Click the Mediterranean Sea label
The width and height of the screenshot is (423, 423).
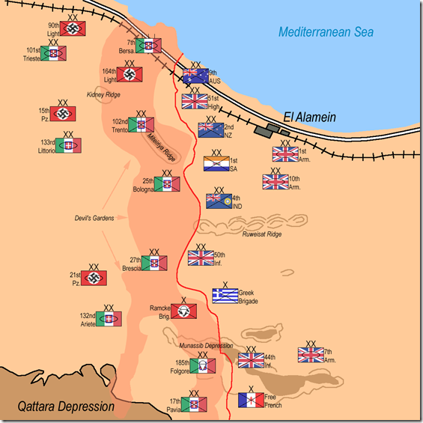(x=326, y=32)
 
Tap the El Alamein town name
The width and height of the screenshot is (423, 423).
(x=310, y=117)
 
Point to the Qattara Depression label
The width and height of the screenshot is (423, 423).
(x=66, y=407)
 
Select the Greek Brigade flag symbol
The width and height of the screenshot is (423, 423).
(x=225, y=296)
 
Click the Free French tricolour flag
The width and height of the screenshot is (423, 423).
(x=251, y=400)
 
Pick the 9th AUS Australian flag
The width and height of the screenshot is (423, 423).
(x=195, y=76)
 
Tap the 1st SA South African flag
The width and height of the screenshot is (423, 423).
(x=216, y=163)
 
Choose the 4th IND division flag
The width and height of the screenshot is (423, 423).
(x=219, y=201)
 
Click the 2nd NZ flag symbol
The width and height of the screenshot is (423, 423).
(x=211, y=130)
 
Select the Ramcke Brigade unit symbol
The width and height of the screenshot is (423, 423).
(x=183, y=311)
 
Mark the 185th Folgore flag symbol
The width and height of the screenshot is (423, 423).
(x=203, y=366)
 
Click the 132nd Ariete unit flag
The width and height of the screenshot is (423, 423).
(x=109, y=319)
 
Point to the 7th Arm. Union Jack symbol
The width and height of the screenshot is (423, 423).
(x=311, y=355)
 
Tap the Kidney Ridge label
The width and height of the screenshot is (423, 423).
(x=103, y=94)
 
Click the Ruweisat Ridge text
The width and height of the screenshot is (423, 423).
(x=262, y=234)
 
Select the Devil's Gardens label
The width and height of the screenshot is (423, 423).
(x=94, y=218)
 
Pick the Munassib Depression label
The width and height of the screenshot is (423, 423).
(x=206, y=346)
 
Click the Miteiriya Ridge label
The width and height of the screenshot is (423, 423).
(x=161, y=147)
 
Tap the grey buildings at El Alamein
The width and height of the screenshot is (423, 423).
(x=271, y=130)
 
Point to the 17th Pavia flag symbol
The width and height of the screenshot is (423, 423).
(x=194, y=404)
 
